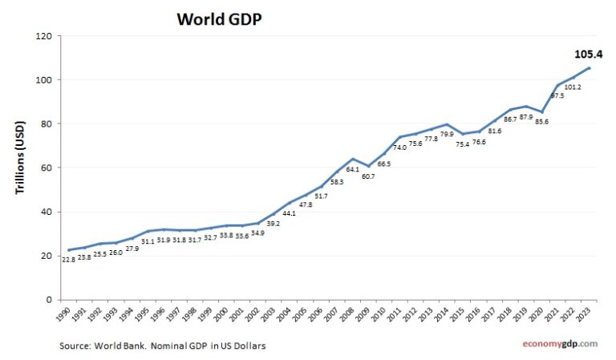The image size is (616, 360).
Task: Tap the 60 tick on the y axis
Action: click(x=46, y=168)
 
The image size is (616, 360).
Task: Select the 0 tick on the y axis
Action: click(x=49, y=300)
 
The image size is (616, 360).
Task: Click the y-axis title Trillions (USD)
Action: click(x=21, y=168)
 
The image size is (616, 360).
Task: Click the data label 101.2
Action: click(x=573, y=87)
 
